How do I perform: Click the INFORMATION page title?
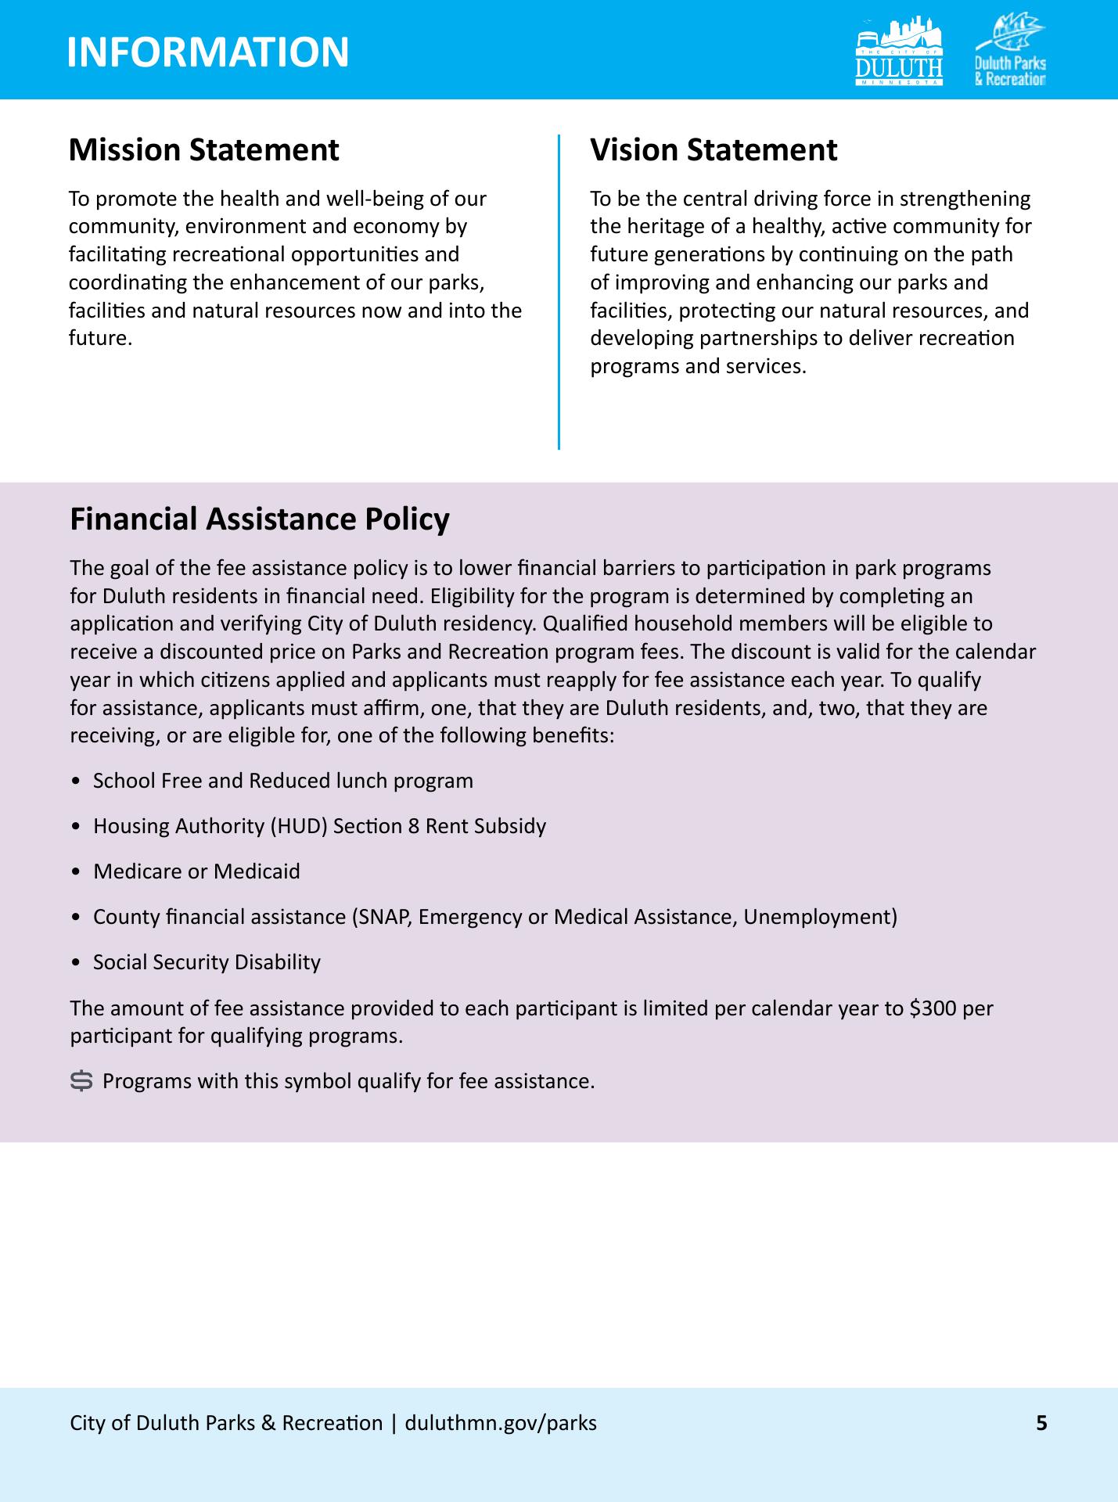tap(208, 52)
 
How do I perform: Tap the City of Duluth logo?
tap(900, 52)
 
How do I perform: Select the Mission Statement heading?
tap(203, 150)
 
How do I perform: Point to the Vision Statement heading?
tap(714, 150)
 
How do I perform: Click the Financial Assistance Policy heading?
tap(260, 519)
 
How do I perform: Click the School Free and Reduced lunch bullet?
tap(282, 781)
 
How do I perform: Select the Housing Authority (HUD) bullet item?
tap(319, 826)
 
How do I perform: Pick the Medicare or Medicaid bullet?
tap(196, 871)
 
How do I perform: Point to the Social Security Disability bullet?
tap(207, 962)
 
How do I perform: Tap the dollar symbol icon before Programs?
tap(81, 1081)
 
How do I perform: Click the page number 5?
tap(1041, 1422)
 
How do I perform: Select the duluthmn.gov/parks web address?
tap(501, 1422)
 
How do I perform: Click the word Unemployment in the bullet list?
tap(817, 917)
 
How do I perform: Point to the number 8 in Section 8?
tap(413, 826)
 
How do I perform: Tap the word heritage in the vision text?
tap(656, 227)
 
